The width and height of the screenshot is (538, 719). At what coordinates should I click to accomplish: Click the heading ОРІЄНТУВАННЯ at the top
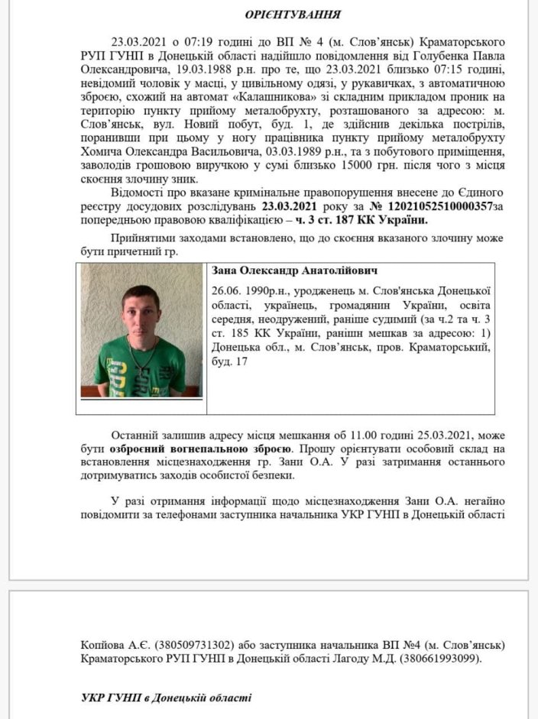293,15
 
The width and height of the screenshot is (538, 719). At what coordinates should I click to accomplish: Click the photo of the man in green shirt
141,330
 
